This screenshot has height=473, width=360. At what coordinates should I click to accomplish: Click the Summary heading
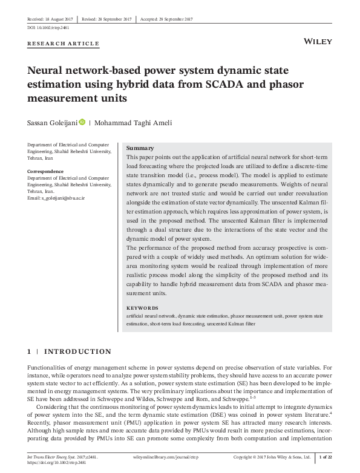[140, 148]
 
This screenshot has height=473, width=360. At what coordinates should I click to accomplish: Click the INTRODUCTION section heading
[78, 351]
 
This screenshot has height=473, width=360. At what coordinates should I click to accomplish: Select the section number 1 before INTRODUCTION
[30, 351]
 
